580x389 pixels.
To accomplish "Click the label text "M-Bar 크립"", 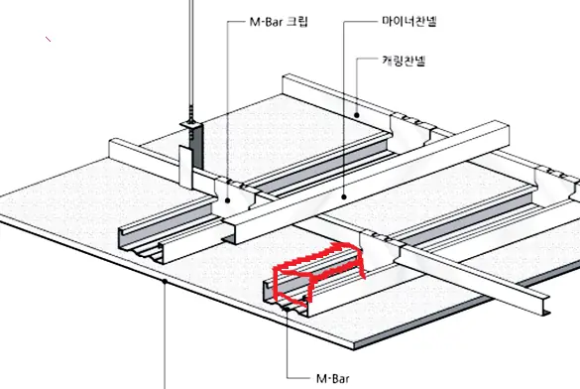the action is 279,22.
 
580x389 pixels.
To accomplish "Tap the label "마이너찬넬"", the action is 409,21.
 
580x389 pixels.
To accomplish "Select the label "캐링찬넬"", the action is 404,61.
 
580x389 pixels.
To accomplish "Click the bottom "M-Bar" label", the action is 333,379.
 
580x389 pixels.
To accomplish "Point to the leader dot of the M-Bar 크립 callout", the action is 228,200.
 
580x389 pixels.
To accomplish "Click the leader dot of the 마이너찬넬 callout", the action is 344,196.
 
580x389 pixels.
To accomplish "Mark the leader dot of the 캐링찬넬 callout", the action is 357,115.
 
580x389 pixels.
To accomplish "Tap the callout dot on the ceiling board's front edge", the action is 165,282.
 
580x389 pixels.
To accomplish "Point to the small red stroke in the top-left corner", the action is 49,39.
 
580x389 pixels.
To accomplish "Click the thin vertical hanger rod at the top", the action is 191,60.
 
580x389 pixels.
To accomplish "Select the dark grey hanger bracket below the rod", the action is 198,146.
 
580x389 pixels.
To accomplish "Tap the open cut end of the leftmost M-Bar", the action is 142,245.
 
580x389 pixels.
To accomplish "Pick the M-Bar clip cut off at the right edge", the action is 556,185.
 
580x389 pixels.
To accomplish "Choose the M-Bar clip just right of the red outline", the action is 381,247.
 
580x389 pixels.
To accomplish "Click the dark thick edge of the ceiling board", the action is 425,322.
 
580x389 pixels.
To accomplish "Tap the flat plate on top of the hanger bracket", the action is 191,124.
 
